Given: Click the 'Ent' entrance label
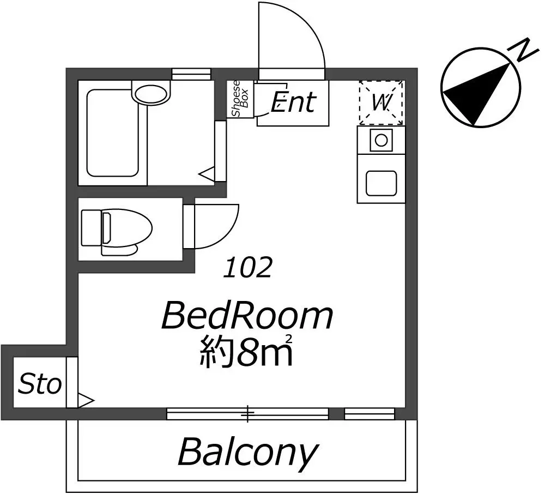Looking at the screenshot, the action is point(294,102).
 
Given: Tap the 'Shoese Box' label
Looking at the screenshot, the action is point(240,99).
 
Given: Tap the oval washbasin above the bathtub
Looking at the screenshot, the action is point(150,94).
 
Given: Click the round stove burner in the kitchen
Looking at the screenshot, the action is point(381,141).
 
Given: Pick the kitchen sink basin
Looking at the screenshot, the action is point(381,183).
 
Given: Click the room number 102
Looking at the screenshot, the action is point(247,268).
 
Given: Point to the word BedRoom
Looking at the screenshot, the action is point(247,316).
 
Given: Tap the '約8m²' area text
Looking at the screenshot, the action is point(246,351).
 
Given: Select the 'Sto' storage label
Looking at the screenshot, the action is point(40,384).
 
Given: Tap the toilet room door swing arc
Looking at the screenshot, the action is point(229,237).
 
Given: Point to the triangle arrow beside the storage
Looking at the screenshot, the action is point(85,400).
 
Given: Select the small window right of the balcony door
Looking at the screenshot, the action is point(370,414).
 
